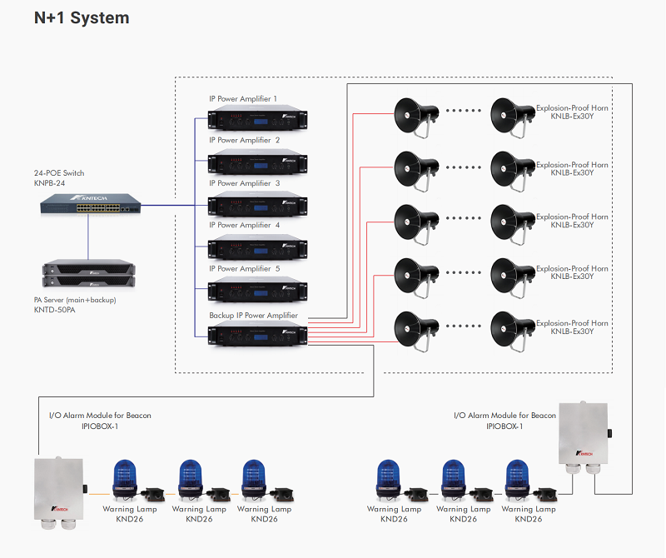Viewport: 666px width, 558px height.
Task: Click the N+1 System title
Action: coord(82,18)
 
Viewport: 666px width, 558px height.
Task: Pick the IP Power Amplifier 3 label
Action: coord(244,183)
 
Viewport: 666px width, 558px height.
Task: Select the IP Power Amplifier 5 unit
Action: coord(258,290)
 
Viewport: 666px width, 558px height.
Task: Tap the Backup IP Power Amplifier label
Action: coord(253,316)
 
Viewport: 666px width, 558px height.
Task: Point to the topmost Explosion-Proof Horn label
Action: coord(572,107)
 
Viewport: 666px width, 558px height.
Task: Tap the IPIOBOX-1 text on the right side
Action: coord(504,426)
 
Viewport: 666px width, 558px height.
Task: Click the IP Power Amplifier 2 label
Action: coord(244,140)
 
